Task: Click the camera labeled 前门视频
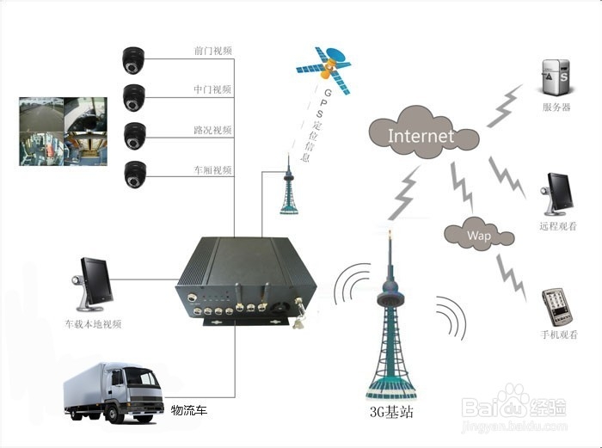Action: coord(133,60)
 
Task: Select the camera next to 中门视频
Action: coord(134,98)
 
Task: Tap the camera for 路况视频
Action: coord(135,136)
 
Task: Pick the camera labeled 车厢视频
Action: coord(135,175)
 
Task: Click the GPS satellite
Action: coord(323,70)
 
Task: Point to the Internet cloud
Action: coord(423,132)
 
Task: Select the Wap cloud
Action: coord(479,233)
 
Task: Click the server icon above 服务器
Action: coord(556,77)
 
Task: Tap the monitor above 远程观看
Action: coord(557,193)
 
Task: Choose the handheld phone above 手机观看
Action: coord(556,307)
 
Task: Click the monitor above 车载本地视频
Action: coord(92,284)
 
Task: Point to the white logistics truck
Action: coord(114,391)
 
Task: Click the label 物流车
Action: coord(189,410)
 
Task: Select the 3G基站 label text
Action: coord(391,412)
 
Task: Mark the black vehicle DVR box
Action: coord(246,282)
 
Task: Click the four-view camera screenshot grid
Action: coord(64,132)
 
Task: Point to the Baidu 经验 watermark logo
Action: coord(513,407)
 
